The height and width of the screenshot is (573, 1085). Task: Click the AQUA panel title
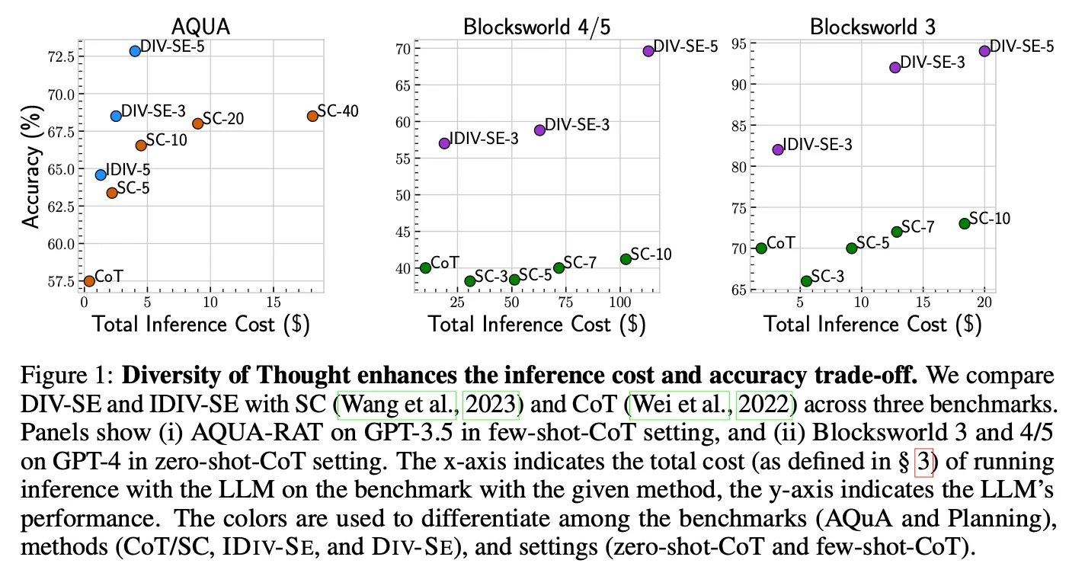coord(201,27)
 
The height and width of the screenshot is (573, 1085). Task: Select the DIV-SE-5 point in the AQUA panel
coord(135,51)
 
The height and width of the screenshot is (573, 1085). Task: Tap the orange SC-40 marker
coord(312,116)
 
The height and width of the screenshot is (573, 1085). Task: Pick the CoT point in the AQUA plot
coord(89,280)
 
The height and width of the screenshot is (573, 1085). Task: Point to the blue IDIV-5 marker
coord(101,174)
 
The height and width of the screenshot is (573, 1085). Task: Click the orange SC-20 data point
coord(197,123)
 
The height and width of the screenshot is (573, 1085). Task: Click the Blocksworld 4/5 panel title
coord(536,27)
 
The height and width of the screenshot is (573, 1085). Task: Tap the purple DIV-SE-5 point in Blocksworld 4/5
coord(648,51)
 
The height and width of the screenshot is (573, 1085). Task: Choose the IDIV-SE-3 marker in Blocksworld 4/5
coord(444,143)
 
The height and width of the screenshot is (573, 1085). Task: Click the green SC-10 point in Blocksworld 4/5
coord(626,259)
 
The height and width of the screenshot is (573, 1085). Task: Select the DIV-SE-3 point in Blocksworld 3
coord(895,67)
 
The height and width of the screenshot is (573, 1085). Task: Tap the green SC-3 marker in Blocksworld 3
coord(806,281)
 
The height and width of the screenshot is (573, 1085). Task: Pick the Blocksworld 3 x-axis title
coord(872,324)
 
